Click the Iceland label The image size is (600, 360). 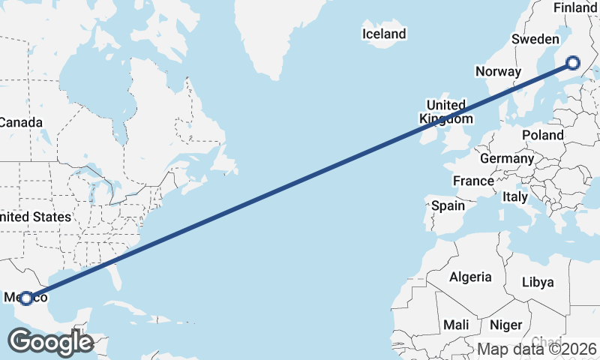[x=383, y=34]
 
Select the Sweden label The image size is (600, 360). [x=535, y=39]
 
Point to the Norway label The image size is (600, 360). [x=498, y=72]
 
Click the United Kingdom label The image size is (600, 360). [x=446, y=112]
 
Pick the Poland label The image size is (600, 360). [x=543, y=135]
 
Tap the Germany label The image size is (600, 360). [x=506, y=159]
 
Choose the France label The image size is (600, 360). [x=473, y=181]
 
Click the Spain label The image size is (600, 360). [x=448, y=205]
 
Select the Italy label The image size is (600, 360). [x=515, y=196]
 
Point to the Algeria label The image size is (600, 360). [x=470, y=277]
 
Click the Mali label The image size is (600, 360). [x=455, y=325]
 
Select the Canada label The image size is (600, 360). [x=16, y=122]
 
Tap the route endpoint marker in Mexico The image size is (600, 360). [x=26, y=298]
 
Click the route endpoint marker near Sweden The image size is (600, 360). [x=574, y=64]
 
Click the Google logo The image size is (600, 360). [x=50, y=342]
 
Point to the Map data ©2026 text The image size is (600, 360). [x=537, y=349]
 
